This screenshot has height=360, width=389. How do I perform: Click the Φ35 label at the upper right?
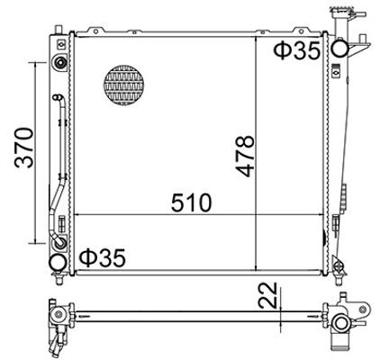click(x=296, y=51)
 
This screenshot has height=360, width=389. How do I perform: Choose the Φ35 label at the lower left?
click(x=103, y=258)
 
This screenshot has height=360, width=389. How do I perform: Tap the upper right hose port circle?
click(x=341, y=49)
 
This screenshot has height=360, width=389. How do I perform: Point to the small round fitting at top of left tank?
click(x=59, y=63)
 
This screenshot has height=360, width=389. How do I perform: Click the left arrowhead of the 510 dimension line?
click(x=76, y=216)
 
